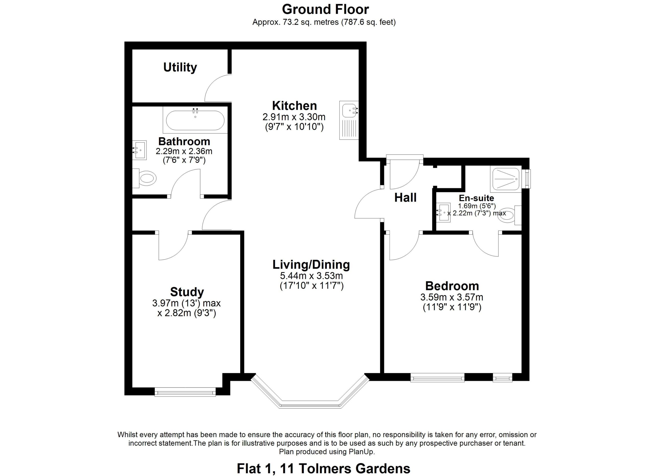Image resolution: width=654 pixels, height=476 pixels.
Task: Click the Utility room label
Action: [x=180, y=67]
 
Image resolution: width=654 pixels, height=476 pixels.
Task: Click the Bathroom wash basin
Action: [x=139, y=150]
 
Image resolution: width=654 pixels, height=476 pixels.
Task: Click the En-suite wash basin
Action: [x=443, y=212]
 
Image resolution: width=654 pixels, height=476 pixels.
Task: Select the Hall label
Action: [x=405, y=198]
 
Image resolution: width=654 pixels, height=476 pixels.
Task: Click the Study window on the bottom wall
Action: [x=185, y=392]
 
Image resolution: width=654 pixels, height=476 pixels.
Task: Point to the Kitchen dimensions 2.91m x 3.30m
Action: [x=294, y=117]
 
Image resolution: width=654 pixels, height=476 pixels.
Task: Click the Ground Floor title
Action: [x=325, y=9]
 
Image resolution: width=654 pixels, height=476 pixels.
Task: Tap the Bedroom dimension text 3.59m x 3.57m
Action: [x=452, y=297]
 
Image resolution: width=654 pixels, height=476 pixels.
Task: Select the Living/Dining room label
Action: [x=311, y=265]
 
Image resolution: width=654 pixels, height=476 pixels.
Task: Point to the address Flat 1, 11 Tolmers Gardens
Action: [x=323, y=469]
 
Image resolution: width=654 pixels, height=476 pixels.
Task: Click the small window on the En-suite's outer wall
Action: [x=528, y=179]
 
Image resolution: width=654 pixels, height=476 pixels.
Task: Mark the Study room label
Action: [x=187, y=292]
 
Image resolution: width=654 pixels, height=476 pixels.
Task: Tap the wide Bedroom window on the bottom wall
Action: [x=437, y=378]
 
